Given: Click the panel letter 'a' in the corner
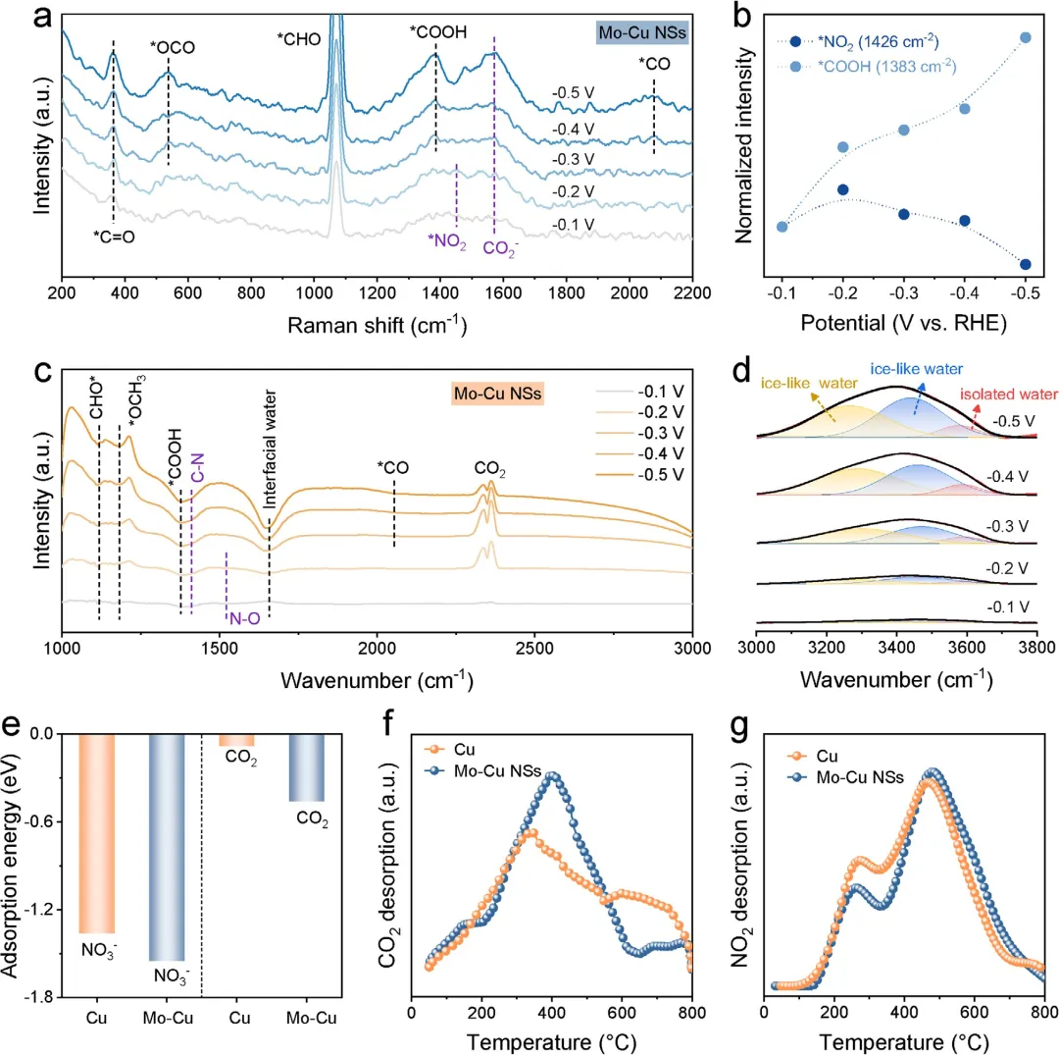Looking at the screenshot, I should pos(15,18).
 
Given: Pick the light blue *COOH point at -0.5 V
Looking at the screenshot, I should pos(1025,37).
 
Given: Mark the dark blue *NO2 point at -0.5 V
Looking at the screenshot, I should pos(1025,264).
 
